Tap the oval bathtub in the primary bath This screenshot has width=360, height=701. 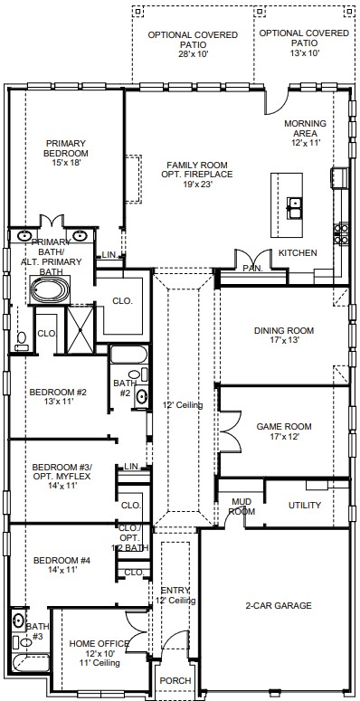tap(50, 289)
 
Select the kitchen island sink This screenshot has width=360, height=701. tap(294, 208)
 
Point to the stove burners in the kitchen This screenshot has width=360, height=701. tap(342, 233)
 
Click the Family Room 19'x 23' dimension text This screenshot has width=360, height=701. tap(197, 184)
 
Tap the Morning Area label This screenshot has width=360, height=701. tap(305, 128)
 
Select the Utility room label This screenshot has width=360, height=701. tap(305, 506)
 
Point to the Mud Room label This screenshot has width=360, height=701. tap(242, 507)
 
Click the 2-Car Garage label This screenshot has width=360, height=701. tap(279, 606)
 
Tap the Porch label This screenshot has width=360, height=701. tap(175, 680)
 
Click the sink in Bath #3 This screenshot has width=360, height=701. tap(18, 621)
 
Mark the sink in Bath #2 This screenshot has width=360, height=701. tap(141, 396)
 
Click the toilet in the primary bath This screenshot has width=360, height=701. tap(21, 341)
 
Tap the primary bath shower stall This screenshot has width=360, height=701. tap(80, 330)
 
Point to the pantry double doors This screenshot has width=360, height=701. tap(253, 261)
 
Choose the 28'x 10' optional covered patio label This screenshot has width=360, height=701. tap(193, 44)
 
